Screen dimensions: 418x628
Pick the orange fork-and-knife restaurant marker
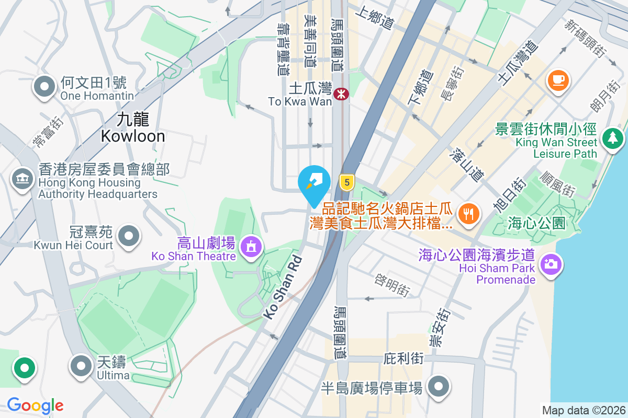(468, 213)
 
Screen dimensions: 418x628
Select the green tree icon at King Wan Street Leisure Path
(613, 138)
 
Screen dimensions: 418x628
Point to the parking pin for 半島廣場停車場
(438, 387)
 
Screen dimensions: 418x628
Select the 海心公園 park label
(536, 224)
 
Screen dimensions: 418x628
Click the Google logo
(36, 405)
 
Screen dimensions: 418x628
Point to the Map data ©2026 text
(583, 410)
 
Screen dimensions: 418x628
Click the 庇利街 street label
(403, 359)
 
